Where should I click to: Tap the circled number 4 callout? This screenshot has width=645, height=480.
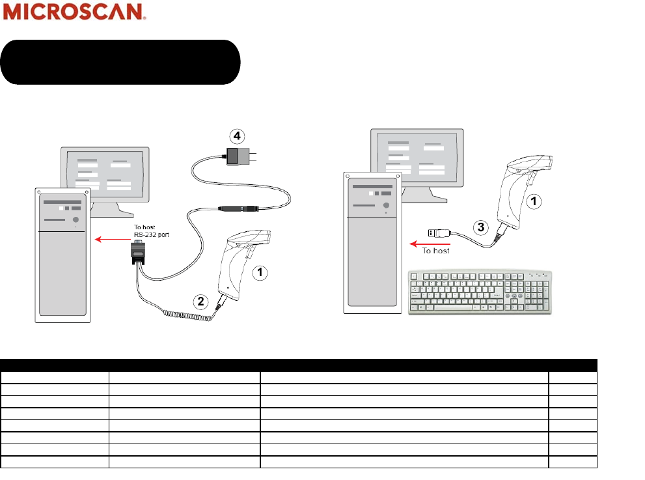click(x=238, y=136)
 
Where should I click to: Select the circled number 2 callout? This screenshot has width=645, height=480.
click(x=201, y=301)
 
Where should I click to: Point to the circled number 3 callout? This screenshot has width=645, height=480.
click(x=480, y=227)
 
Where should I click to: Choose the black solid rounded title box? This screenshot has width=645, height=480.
click(x=120, y=62)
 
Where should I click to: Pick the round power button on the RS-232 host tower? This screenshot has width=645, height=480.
click(x=75, y=220)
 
